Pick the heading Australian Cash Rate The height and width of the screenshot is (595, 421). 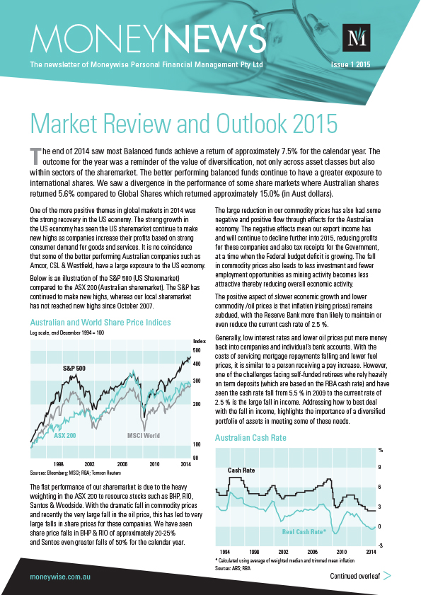[250, 438]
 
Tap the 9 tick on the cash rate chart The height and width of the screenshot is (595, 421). [381, 467]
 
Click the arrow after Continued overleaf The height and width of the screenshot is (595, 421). [387, 577]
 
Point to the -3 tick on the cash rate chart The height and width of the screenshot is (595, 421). [381, 545]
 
